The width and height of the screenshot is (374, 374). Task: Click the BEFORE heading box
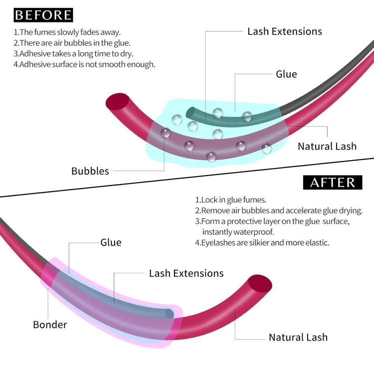click(43, 15)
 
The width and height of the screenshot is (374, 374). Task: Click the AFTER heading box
click(333, 182)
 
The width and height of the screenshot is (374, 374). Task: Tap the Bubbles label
click(90, 171)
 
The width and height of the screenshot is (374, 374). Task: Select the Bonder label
click(50, 325)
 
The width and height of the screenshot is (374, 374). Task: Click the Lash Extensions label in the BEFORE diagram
click(285, 31)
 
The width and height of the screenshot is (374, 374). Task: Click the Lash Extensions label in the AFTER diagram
click(187, 273)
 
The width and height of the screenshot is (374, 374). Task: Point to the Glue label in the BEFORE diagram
click(286, 74)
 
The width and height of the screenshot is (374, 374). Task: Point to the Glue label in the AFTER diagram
click(111, 243)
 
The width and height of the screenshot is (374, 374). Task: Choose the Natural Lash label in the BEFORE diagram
click(327, 146)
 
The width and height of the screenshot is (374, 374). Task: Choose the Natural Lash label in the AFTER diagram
click(298, 337)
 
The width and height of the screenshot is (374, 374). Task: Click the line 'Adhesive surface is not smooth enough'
click(84, 64)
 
